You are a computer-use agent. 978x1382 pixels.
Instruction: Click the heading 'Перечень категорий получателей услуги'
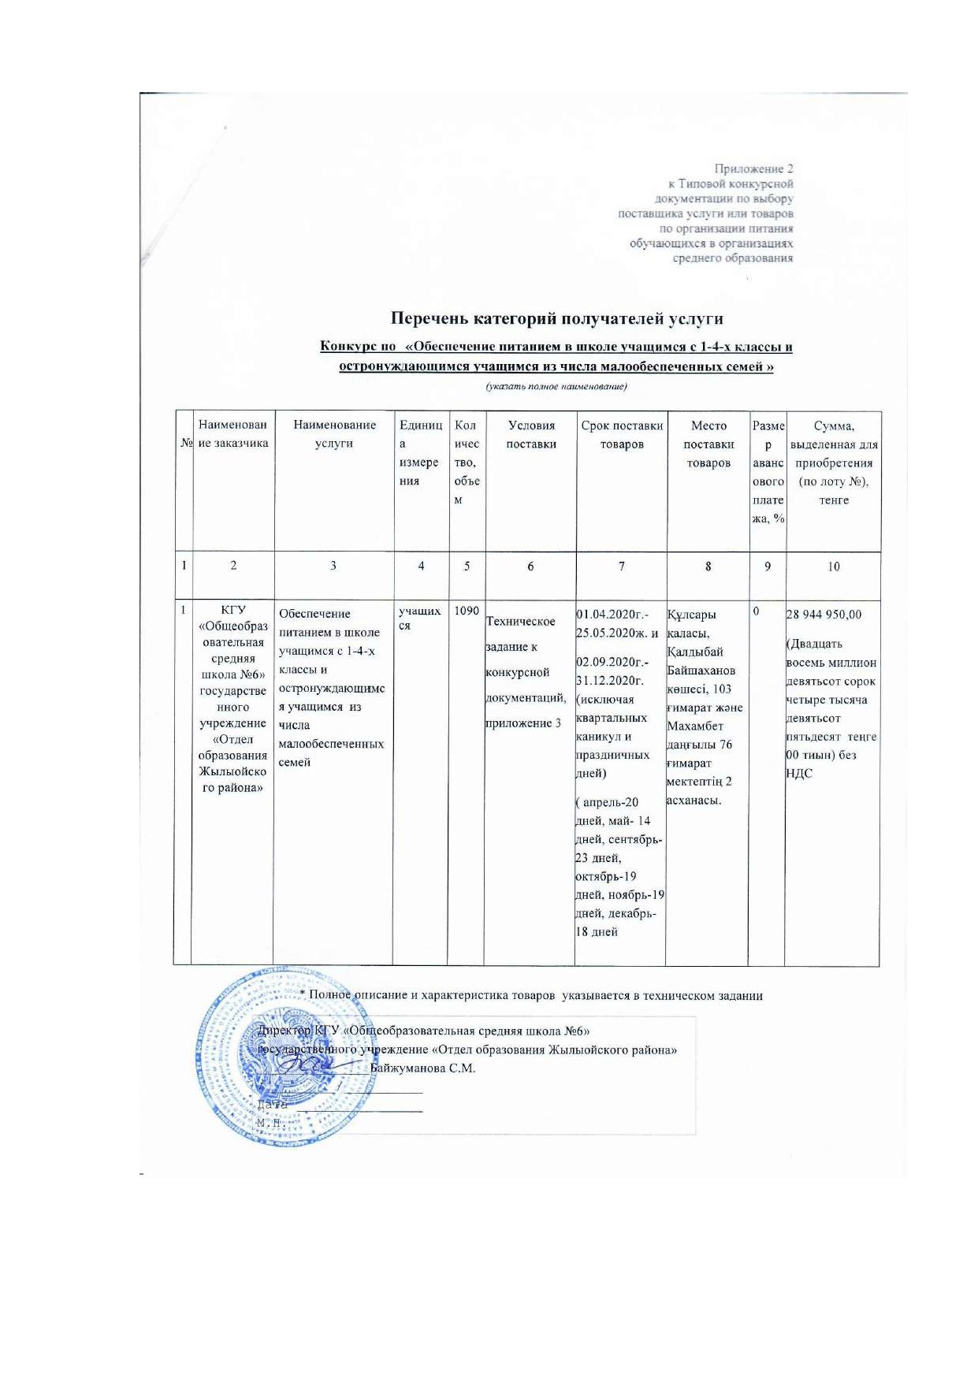(556, 318)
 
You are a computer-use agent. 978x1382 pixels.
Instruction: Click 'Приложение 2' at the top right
(753, 169)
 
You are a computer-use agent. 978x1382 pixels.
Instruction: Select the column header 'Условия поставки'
(531, 434)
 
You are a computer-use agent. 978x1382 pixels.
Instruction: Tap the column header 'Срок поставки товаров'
(622, 434)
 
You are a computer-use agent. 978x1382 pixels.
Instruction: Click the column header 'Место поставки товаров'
(708, 444)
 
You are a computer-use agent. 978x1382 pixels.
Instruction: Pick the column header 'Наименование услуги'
(334, 434)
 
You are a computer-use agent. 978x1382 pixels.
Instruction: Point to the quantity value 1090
(467, 611)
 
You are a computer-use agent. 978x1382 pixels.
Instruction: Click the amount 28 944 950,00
(824, 615)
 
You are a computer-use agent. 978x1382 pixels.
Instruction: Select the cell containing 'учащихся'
(419, 618)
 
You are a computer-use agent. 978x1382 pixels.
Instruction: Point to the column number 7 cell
(622, 566)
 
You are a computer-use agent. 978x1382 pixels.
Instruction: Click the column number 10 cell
(834, 566)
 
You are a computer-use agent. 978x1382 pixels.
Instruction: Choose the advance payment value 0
(757, 611)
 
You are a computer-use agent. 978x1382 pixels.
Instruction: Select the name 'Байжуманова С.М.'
(422, 1068)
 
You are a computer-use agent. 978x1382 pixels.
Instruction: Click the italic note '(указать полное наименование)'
(556, 386)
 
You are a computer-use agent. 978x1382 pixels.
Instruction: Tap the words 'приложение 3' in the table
(523, 723)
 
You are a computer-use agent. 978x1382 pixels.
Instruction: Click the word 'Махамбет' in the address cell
(695, 726)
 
